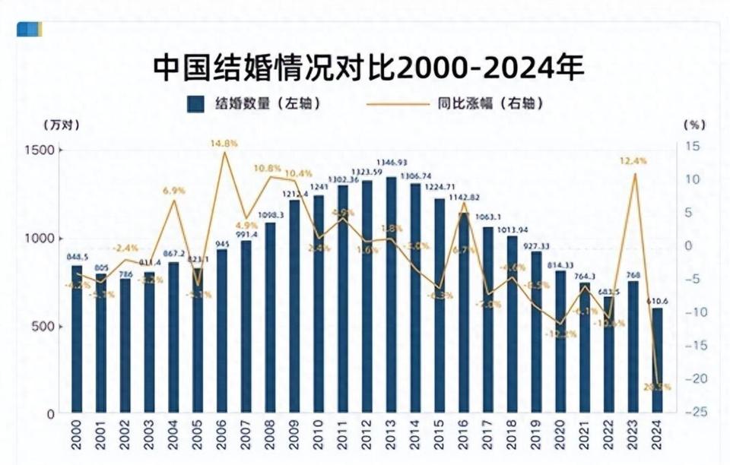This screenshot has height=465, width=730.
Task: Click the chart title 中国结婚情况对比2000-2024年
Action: (368, 67)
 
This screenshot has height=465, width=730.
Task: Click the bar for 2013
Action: (391, 296)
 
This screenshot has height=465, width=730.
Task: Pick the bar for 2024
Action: (657, 361)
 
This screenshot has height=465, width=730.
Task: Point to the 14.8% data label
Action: (224, 143)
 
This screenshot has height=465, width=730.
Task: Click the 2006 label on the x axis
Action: (222, 440)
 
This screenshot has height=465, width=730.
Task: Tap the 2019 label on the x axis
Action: (536, 440)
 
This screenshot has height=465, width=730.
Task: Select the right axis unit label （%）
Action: (694, 124)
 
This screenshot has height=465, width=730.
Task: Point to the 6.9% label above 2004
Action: (174, 191)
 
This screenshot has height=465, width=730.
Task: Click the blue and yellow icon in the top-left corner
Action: (29, 29)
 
